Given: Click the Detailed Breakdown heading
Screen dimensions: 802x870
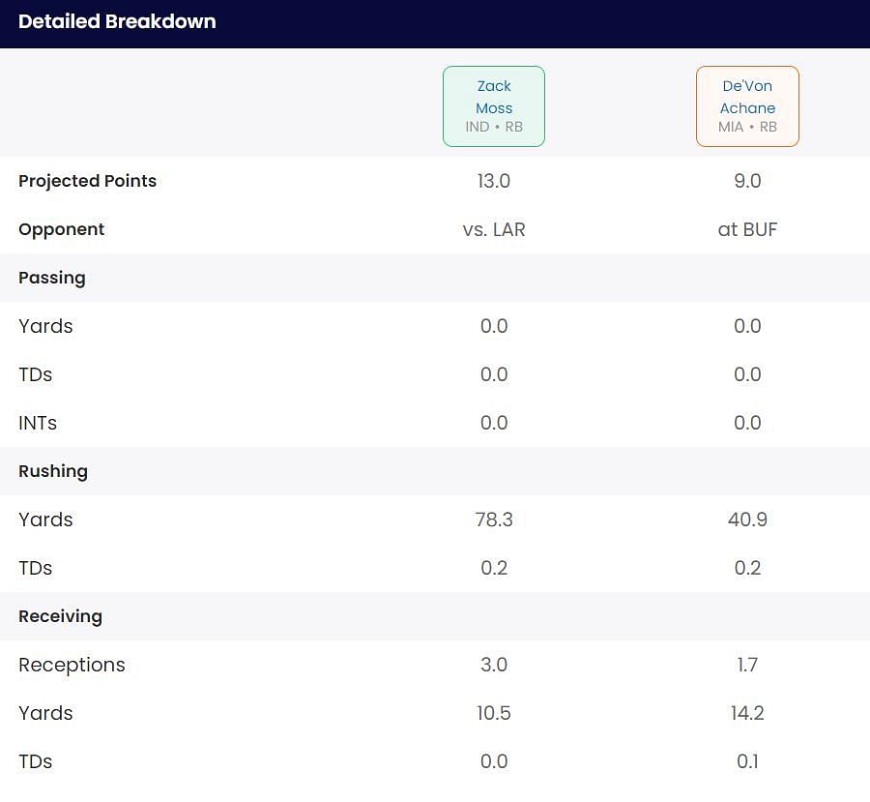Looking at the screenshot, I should pyautogui.click(x=117, y=21).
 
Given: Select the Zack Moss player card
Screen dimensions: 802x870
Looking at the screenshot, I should pyautogui.click(x=494, y=106).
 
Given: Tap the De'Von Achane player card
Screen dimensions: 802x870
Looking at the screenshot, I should pyautogui.click(x=747, y=106).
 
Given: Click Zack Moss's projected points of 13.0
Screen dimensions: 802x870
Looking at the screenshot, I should pyautogui.click(x=494, y=181).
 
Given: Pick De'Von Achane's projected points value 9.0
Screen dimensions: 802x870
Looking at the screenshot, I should pyautogui.click(x=747, y=181).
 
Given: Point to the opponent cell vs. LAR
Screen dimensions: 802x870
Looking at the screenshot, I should pyautogui.click(x=494, y=229).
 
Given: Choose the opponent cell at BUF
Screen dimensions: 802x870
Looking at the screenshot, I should pyautogui.click(x=747, y=229).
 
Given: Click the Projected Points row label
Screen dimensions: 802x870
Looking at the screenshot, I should pyautogui.click(x=87, y=181).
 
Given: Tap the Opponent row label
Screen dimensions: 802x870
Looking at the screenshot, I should pyautogui.click(x=61, y=229).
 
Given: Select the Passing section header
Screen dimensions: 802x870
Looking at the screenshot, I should pyautogui.click(x=52, y=278).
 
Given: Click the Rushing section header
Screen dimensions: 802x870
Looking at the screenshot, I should pyautogui.click(x=53, y=471).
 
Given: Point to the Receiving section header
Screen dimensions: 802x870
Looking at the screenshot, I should pyautogui.click(x=60, y=616).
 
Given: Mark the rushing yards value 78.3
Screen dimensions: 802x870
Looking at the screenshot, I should pyautogui.click(x=494, y=520).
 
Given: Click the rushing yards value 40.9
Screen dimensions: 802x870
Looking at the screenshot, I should pyautogui.click(x=747, y=520).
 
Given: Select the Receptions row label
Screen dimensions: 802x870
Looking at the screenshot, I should pyautogui.click(x=72, y=665).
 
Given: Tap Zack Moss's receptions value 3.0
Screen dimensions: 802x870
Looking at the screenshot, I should pyautogui.click(x=494, y=665).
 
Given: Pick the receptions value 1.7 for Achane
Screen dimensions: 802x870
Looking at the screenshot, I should pyautogui.click(x=747, y=665).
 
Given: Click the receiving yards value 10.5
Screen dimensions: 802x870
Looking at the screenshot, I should pyautogui.click(x=494, y=713).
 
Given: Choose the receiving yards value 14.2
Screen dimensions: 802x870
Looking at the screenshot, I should pyautogui.click(x=747, y=713).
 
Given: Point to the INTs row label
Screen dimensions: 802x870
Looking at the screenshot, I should pyautogui.click(x=38, y=423).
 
